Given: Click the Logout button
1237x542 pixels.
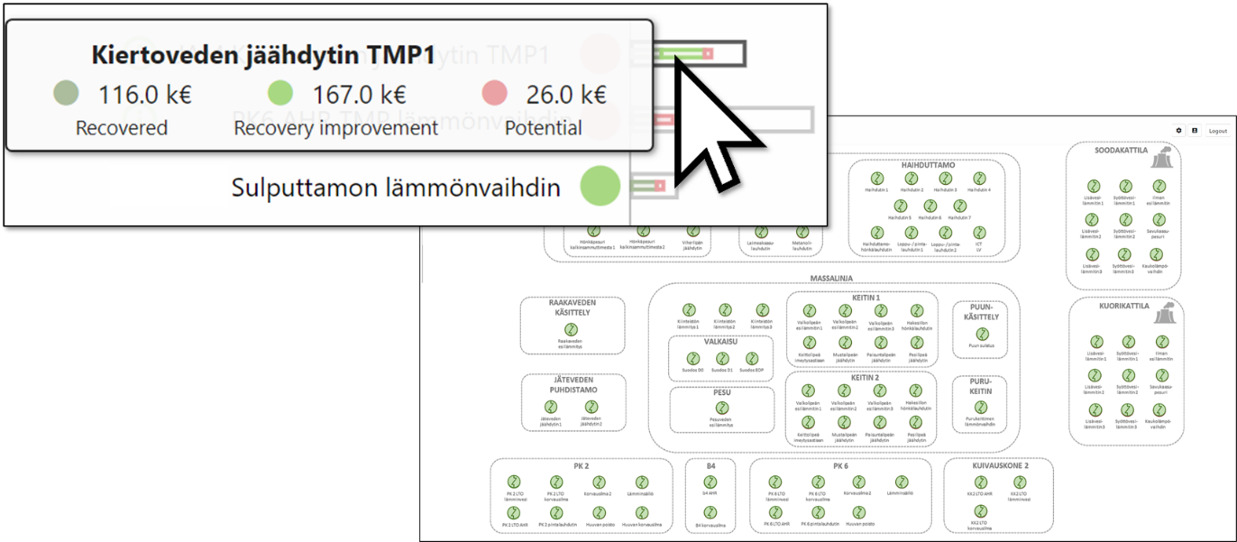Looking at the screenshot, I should tap(1217, 131).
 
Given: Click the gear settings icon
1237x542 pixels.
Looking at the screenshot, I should tap(1178, 131).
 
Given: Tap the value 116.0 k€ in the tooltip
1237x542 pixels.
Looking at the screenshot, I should tap(144, 95).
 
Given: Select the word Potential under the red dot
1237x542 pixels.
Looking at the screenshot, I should tap(543, 128).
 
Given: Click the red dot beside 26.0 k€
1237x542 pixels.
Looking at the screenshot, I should tap(494, 93).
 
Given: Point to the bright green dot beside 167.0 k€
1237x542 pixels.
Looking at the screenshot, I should tap(281, 93).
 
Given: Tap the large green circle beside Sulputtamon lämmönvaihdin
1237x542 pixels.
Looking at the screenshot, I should tap(600, 187).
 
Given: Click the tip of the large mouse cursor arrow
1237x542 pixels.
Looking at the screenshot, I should tap(677, 69).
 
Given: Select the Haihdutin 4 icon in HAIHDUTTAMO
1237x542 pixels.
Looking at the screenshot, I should tap(978, 179).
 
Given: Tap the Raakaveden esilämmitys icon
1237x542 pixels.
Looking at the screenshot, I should tap(572, 330).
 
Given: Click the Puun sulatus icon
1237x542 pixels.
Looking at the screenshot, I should tap(981, 335).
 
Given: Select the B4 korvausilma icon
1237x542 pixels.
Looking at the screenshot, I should tap(710, 513).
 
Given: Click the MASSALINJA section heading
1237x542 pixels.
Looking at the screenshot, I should tap(830, 279).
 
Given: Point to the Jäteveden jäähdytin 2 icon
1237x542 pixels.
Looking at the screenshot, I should tap(591, 408).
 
